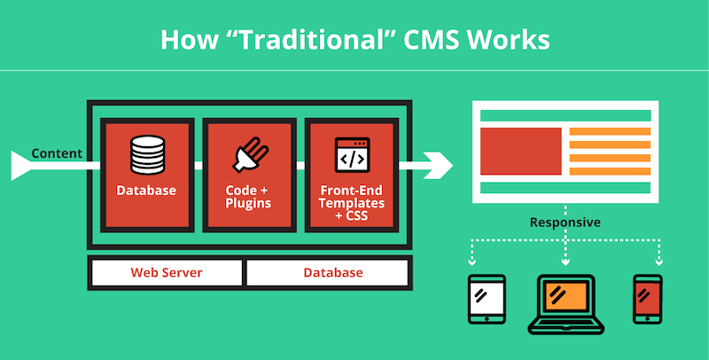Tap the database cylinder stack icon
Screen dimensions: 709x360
147,154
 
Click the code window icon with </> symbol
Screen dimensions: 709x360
352,154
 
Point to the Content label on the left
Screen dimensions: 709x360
57,153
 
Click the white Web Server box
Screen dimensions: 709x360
167,273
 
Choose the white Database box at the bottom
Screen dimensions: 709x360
326,273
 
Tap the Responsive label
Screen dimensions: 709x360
565,223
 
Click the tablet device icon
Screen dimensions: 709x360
487,299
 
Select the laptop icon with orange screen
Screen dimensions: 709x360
566,304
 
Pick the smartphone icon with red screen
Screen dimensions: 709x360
648,299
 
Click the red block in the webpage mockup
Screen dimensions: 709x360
521,151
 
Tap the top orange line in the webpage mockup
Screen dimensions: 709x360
610,131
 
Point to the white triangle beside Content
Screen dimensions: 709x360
20,166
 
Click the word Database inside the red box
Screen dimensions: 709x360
146,191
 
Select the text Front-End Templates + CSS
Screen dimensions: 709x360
352,203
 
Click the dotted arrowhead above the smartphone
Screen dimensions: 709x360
659,262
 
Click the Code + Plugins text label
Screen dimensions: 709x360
248,197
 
